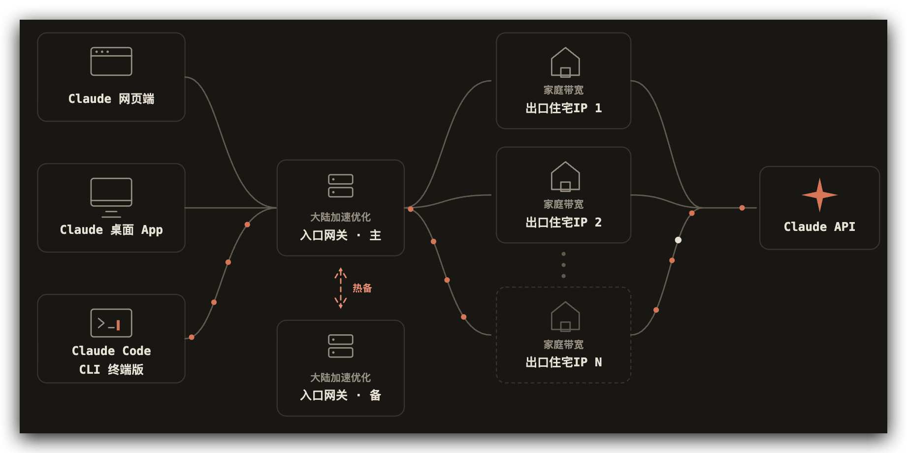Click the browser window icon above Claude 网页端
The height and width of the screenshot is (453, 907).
[111, 62]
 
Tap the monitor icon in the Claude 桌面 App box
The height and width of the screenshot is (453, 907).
[111, 197]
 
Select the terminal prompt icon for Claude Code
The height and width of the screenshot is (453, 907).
[111, 323]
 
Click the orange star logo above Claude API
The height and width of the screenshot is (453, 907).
[819, 195]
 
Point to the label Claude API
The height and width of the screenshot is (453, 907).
[819, 226]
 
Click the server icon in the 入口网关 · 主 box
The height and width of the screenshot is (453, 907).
[341, 186]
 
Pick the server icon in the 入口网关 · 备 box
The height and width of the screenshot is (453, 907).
[341, 346]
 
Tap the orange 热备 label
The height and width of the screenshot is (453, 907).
[362, 288]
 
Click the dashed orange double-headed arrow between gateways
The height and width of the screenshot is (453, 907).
[341, 288]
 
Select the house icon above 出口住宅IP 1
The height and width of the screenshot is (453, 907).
[565, 62]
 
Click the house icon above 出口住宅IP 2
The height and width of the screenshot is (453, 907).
[565, 176]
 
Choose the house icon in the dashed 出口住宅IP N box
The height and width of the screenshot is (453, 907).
[565, 316]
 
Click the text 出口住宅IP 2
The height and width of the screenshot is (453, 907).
[564, 222]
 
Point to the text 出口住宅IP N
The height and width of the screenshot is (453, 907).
[564, 362]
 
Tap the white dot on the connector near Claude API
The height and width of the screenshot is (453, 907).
[678, 240]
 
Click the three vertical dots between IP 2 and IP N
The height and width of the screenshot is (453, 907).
[564, 265]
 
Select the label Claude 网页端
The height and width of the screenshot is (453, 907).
[111, 98]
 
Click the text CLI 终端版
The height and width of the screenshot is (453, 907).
[111, 369]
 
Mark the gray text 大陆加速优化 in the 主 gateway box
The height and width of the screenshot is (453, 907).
[341, 217]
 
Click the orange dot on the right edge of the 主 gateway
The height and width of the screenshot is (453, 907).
[411, 209]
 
